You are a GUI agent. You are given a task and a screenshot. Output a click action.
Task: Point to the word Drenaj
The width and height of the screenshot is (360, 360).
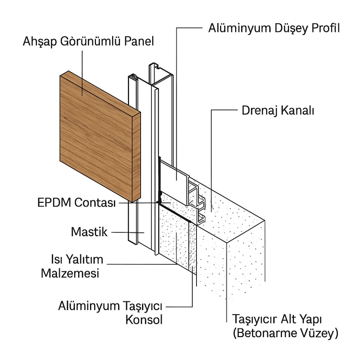pyautogui.click(x=259, y=111)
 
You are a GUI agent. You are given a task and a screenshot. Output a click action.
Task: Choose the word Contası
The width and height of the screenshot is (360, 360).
pyautogui.click(x=95, y=203)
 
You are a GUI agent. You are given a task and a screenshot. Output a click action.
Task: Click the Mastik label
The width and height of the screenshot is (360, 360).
pyautogui.click(x=89, y=232)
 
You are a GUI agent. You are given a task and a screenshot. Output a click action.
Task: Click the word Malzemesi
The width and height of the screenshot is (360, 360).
pyautogui.click(x=70, y=273)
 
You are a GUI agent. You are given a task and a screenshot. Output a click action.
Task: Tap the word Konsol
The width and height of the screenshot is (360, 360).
pyautogui.click(x=144, y=319)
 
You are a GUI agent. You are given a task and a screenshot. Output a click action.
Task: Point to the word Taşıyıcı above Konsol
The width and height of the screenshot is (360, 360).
pyautogui.click(x=142, y=306)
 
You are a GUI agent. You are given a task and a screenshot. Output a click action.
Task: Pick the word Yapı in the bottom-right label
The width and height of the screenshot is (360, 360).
pyautogui.click(x=310, y=319)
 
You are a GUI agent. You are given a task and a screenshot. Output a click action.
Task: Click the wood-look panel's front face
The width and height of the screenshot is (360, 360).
pyautogui.click(x=96, y=136)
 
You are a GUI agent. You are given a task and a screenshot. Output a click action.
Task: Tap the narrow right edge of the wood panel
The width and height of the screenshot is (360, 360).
pyautogui.click(x=136, y=156)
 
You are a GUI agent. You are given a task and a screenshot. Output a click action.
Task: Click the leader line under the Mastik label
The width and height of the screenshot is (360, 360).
pyautogui.click(x=127, y=232)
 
